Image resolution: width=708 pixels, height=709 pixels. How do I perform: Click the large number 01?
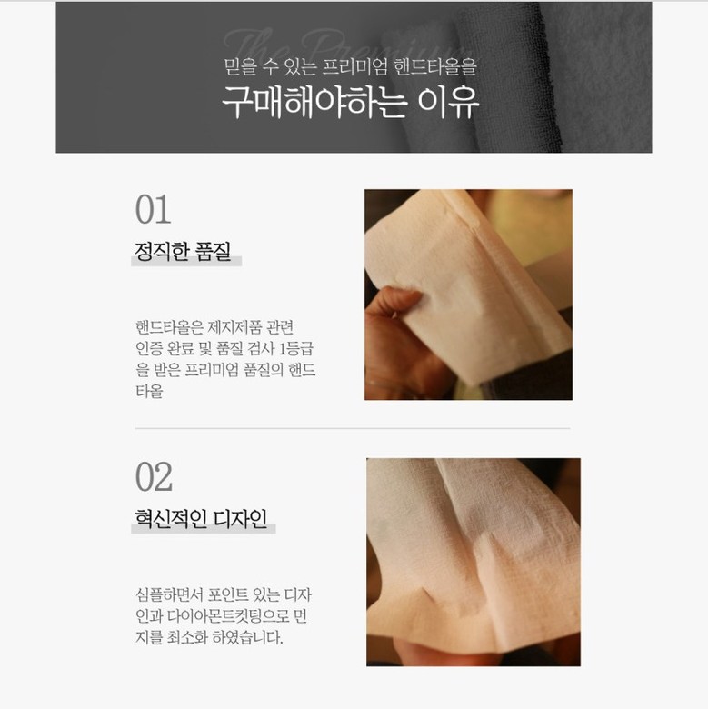tap(153, 209)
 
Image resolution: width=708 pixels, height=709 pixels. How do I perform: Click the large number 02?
tap(154, 477)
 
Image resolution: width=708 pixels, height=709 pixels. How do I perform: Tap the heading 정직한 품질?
tap(183, 252)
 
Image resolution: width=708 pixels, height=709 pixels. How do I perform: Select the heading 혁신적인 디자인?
tap(201, 519)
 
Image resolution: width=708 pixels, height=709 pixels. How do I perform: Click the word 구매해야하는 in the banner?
tap(314, 102)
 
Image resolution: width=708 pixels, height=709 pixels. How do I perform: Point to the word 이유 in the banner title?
tap(447, 102)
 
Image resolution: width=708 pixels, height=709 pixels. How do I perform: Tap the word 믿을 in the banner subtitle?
tap(241, 66)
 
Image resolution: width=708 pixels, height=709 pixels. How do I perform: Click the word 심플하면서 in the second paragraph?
tap(170, 594)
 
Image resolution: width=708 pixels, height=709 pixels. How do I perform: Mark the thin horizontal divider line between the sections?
tap(353, 428)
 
